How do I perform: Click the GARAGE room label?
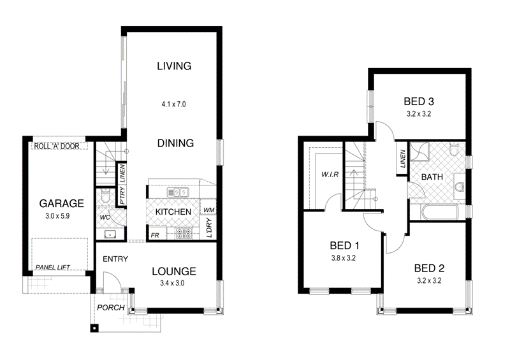point(62,204)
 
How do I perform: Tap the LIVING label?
point(174,66)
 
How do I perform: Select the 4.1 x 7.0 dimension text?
point(174,103)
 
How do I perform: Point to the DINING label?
point(175,143)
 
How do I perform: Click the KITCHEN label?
point(173,212)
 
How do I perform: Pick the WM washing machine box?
point(208,210)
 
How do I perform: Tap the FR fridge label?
point(155,235)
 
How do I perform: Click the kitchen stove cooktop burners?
point(185,234)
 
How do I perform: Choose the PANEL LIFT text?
point(54,267)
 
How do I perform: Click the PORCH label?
point(110,308)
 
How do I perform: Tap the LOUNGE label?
point(173,271)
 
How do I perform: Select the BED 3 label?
point(420,101)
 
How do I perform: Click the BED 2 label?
point(429,268)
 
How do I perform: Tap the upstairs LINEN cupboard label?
point(403,159)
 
